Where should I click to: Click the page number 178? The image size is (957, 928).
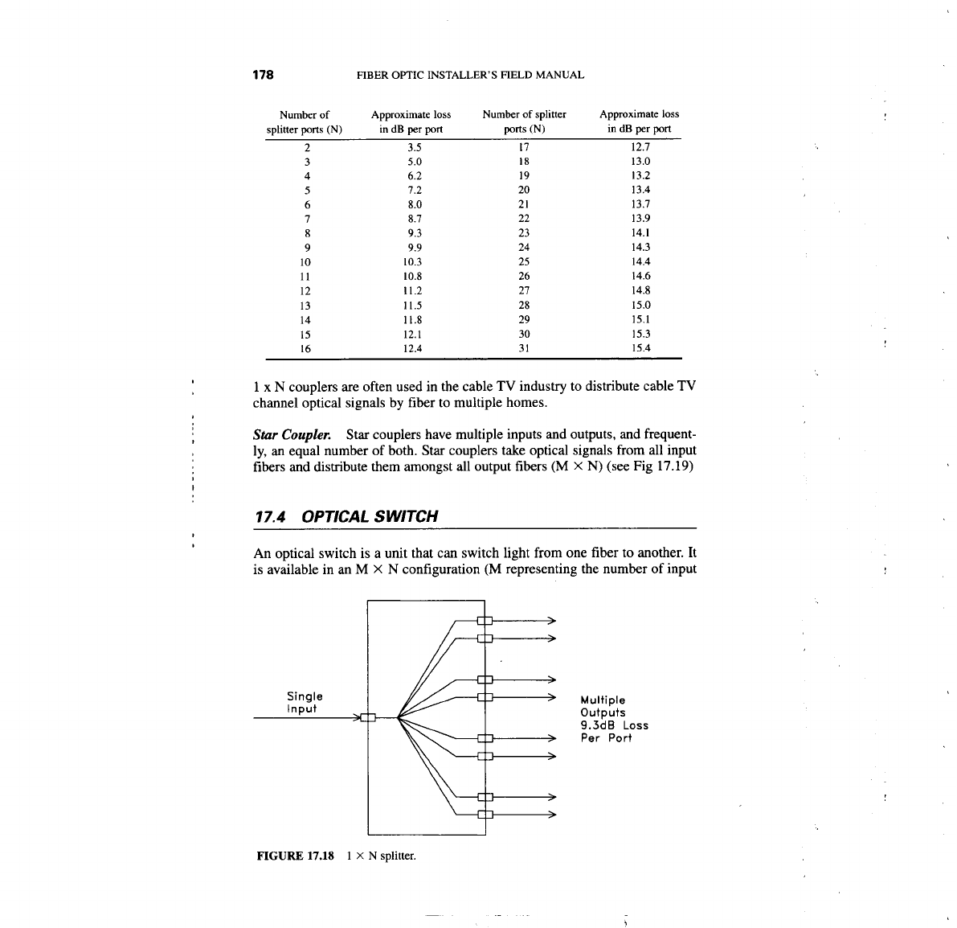264,75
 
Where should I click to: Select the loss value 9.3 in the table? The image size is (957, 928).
415,233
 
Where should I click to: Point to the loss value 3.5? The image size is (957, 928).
415,147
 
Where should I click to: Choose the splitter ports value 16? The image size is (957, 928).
305,349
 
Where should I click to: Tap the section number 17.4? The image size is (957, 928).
271,516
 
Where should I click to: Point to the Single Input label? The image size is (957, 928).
305,702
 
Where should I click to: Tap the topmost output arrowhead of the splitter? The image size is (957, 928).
552,620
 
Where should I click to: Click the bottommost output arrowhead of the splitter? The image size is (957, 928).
552,815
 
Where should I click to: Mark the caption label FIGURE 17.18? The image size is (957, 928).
294,856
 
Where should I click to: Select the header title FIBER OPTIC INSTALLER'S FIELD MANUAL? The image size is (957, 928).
469,75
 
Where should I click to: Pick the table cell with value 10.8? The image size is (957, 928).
415,277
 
